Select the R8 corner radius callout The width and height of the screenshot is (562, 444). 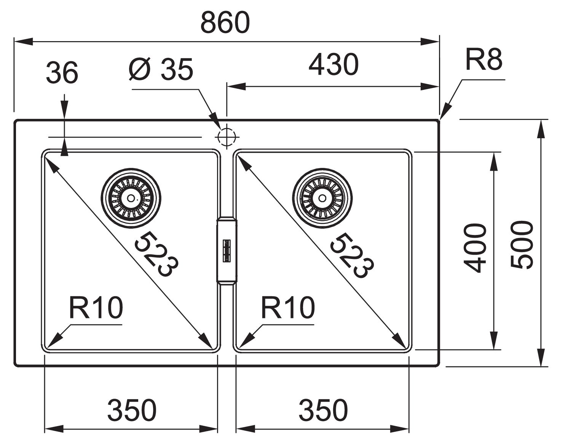pos(484,59)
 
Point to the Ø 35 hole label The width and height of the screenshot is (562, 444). pos(161,70)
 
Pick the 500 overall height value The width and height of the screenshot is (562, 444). pos(522,245)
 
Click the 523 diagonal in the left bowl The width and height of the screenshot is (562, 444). pos(156,253)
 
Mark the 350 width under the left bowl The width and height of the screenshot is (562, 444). pos(132,410)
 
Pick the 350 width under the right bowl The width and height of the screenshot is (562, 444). pos(323,410)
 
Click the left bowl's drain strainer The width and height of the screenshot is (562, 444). pos(131,198)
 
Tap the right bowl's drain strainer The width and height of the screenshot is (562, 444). pos(323,198)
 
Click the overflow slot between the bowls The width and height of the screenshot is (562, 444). pos(227,251)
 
